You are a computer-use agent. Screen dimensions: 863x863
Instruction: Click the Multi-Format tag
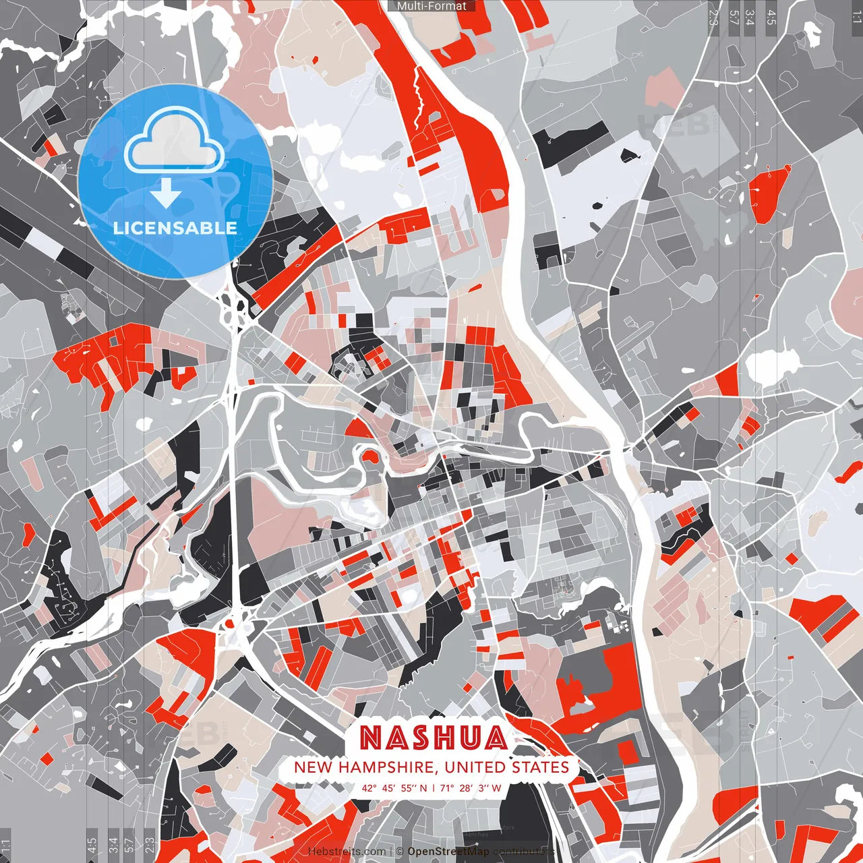(x=431, y=6)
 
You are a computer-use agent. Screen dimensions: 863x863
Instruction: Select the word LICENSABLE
(x=175, y=228)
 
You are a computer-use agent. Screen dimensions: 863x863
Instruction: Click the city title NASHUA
(x=433, y=738)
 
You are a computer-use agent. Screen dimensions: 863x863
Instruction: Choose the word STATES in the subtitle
(x=542, y=767)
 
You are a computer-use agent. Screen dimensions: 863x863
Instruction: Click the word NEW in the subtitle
(x=314, y=767)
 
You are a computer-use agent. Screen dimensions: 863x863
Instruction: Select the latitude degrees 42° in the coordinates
(x=368, y=787)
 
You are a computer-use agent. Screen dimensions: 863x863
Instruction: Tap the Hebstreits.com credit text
(x=347, y=852)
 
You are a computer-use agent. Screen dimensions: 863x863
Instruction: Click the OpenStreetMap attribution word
(x=448, y=852)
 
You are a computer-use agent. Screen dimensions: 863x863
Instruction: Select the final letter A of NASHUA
(x=496, y=738)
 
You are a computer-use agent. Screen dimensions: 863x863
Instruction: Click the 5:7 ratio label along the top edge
(x=734, y=17)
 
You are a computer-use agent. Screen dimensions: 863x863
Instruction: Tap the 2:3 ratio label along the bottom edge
(x=150, y=845)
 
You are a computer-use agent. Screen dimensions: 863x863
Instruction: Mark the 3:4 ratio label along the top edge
(x=750, y=17)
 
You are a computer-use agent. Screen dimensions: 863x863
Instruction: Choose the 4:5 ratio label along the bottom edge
(x=92, y=845)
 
